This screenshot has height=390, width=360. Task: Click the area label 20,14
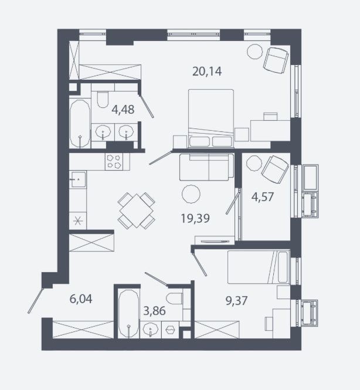point(207,72)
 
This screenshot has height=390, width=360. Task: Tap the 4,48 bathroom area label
point(123,110)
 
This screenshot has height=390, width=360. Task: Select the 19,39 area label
point(195,218)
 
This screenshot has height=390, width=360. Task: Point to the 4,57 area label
point(262,197)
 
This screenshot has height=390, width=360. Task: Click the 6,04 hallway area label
point(81,299)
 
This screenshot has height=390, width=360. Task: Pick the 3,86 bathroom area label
point(154,311)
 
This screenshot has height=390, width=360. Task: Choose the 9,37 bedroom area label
point(236,301)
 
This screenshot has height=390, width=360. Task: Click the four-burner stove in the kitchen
point(114,162)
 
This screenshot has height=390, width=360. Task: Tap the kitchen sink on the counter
point(78,179)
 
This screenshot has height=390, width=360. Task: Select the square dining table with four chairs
point(136,211)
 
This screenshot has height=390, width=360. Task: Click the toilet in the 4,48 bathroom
point(103,100)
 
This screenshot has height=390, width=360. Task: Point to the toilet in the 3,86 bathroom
point(174,299)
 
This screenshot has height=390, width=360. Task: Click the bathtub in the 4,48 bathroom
point(80,124)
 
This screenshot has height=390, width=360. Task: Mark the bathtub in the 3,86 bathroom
point(128,314)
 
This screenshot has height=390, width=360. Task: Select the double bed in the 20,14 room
point(211,118)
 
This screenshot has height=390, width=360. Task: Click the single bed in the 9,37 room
point(259,267)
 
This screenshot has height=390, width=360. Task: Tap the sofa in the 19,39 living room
point(207,167)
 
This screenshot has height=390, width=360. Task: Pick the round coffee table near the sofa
point(191,194)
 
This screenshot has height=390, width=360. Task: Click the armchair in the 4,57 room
point(275,169)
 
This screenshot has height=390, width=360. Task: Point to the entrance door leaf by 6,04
point(36,300)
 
